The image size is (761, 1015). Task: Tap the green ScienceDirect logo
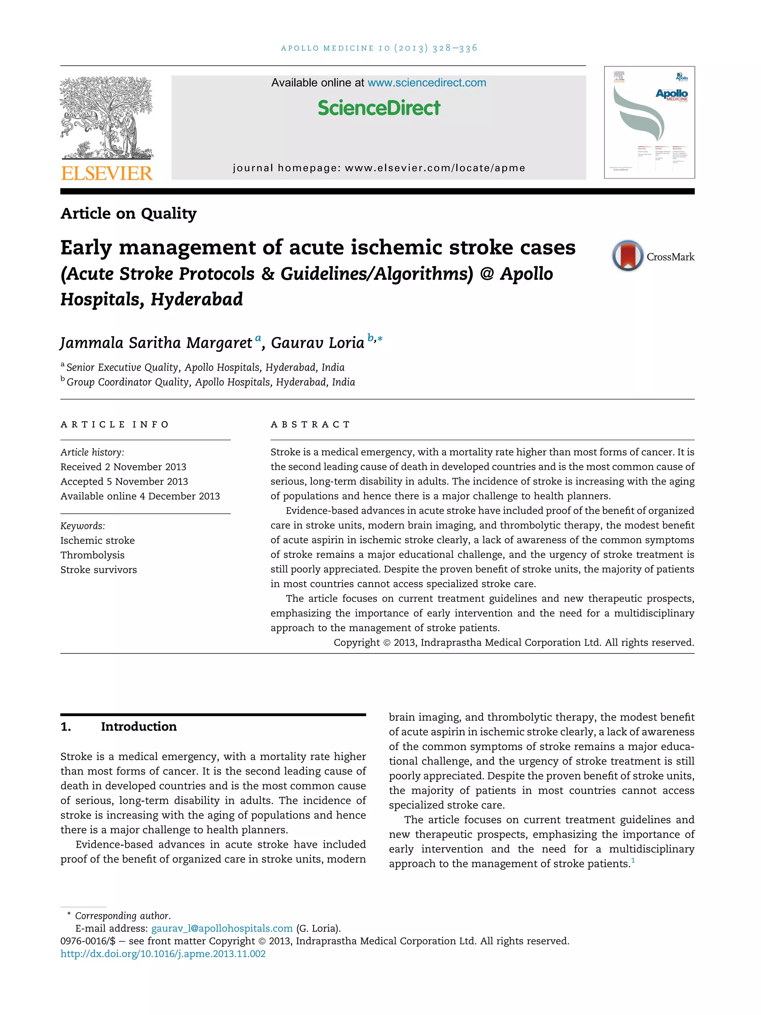[379, 108]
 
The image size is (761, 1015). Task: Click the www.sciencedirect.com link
[427, 83]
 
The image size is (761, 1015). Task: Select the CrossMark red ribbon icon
[627, 256]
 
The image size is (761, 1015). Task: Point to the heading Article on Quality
[129, 213]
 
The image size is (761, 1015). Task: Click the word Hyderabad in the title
[197, 300]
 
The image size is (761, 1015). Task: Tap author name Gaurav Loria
[317, 343]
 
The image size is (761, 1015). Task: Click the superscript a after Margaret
[258, 338]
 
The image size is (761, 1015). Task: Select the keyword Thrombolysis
[92, 555]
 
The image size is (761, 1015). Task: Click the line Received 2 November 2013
[123, 467]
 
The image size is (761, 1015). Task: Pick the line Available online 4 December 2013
[140, 496]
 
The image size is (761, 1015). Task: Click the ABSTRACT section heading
[310, 424]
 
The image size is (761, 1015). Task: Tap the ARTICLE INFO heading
[115, 424]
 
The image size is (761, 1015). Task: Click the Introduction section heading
[139, 726]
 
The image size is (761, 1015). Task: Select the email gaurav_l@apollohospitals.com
[221, 928]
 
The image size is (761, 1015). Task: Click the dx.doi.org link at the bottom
[163, 954]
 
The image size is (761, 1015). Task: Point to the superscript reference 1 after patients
[633, 860]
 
